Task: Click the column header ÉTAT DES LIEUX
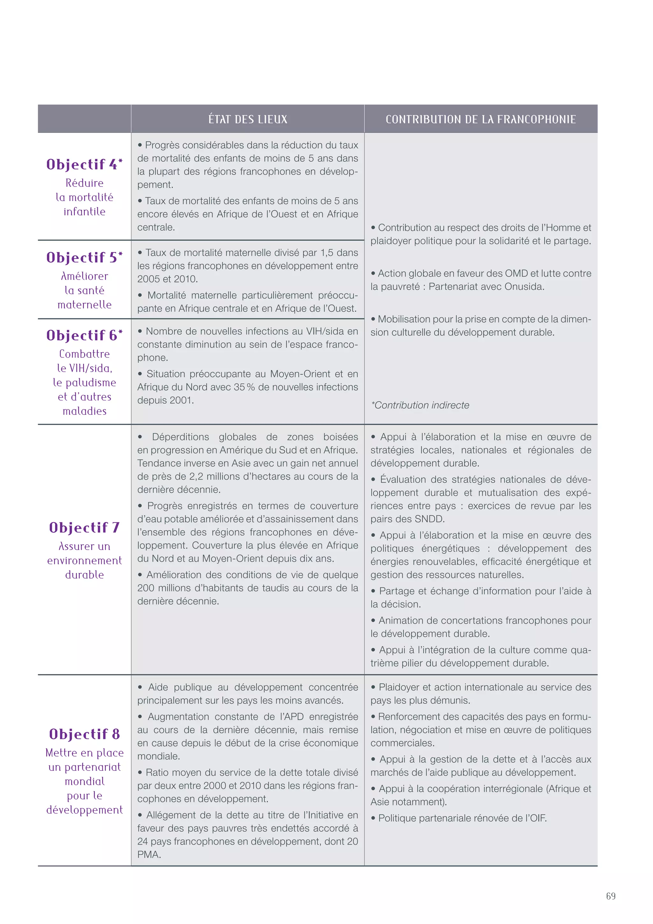pos(248,119)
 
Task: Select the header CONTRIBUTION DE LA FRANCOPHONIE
pos(481,119)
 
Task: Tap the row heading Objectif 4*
pos(84,164)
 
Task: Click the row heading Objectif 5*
pos(84,257)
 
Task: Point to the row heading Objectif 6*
pos(84,335)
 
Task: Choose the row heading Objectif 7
pos(84,527)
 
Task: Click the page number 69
pos(610,896)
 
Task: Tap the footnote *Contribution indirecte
pos(420,405)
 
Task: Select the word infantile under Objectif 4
pos(84,211)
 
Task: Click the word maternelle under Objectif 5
pos(84,305)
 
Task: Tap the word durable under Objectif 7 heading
pos(84,575)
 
